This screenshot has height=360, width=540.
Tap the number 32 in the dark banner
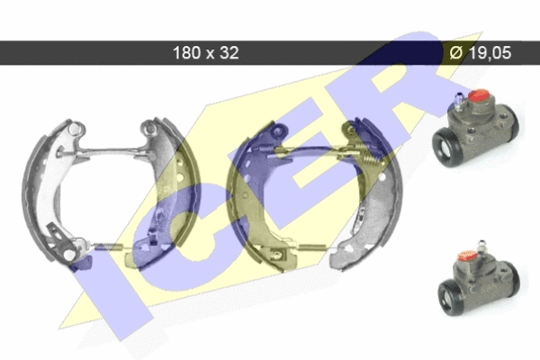coord(229,53)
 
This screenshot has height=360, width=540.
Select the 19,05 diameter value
coord(490,53)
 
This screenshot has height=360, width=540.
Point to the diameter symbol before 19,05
coord(456,53)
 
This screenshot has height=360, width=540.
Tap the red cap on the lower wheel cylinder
coord(467,256)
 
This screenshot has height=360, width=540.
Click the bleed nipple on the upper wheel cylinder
coord(459,101)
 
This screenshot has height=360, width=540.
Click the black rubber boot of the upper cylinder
coord(446,148)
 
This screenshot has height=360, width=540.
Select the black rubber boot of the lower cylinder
coord(452,297)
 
